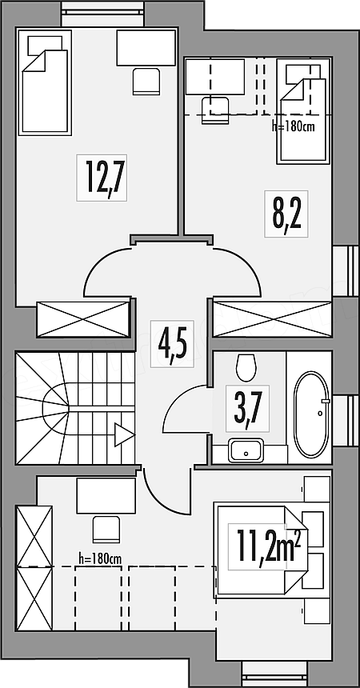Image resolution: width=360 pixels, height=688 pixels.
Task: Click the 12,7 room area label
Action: (102, 178)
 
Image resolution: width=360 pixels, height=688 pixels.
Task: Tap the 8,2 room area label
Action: (286, 214)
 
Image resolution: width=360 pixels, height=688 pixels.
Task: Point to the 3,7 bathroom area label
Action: (248, 409)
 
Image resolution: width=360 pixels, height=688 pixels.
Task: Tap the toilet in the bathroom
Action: (246, 368)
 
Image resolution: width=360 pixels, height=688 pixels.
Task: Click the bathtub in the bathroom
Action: (311, 414)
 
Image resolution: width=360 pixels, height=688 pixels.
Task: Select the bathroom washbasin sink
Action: (246, 450)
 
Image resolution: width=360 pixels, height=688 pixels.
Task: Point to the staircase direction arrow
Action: (124, 435)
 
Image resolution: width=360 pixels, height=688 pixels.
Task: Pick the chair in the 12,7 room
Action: (146, 81)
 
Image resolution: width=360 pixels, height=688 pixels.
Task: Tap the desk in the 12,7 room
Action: (146, 48)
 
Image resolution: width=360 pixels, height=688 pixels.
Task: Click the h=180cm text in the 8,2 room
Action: (293, 127)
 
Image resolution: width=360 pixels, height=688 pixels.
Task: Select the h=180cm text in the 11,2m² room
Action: (100, 558)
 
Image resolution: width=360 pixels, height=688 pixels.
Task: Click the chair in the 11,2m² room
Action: (106, 530)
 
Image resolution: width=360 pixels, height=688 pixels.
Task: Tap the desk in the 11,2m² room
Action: (106, 496)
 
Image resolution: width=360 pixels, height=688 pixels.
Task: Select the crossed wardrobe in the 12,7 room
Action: (83, 319)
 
